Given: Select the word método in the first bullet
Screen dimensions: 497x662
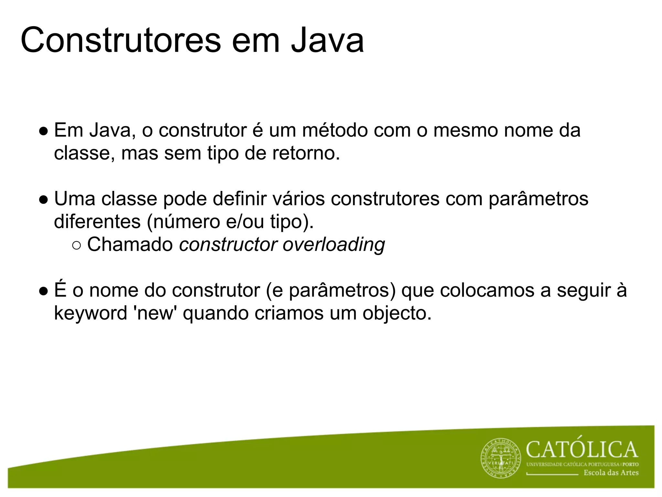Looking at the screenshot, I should (335, 130).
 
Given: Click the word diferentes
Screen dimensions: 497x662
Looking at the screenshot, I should (97, 222).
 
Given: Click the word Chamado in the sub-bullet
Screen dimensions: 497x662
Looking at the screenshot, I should (130, 244).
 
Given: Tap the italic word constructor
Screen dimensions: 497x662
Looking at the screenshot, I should (228, 244).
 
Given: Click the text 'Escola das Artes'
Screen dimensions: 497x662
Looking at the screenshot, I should (611, 473).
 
